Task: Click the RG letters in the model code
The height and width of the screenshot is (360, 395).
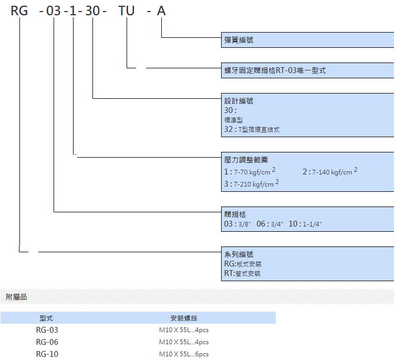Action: click(19, 11)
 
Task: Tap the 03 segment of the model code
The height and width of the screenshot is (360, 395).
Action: click(54, 11)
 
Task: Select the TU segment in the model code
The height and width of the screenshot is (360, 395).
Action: click(127, 11)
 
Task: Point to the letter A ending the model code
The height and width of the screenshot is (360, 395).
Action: click(161, 11)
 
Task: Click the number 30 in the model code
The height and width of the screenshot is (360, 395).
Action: click(92, 11)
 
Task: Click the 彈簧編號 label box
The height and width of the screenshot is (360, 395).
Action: click(308, 40)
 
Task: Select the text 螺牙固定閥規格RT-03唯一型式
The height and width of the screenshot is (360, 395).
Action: click(275, 70)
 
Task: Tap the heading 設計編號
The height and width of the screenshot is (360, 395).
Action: click(239, 101)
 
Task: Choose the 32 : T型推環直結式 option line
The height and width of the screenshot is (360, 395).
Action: click(252, 129)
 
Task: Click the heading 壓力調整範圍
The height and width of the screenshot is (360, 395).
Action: click(246, 160)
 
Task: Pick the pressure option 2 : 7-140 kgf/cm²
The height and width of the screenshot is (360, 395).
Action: click(330, 171)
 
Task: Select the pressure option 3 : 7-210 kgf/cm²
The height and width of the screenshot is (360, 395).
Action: click(252, 183)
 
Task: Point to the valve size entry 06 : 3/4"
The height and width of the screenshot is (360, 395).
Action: click(270, 223)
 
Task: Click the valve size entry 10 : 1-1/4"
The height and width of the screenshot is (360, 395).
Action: click(305, 223)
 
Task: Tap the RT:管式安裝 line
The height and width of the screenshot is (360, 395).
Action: click(242, 273)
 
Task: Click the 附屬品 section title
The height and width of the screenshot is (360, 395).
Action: click(16, 297)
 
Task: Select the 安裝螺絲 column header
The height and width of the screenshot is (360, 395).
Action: click(184, 318)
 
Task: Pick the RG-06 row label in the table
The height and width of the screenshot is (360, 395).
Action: click(47, 342)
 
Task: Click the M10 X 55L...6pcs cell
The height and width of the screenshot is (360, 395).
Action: click(184, 354)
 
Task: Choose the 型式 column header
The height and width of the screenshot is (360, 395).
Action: click(46, 318)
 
